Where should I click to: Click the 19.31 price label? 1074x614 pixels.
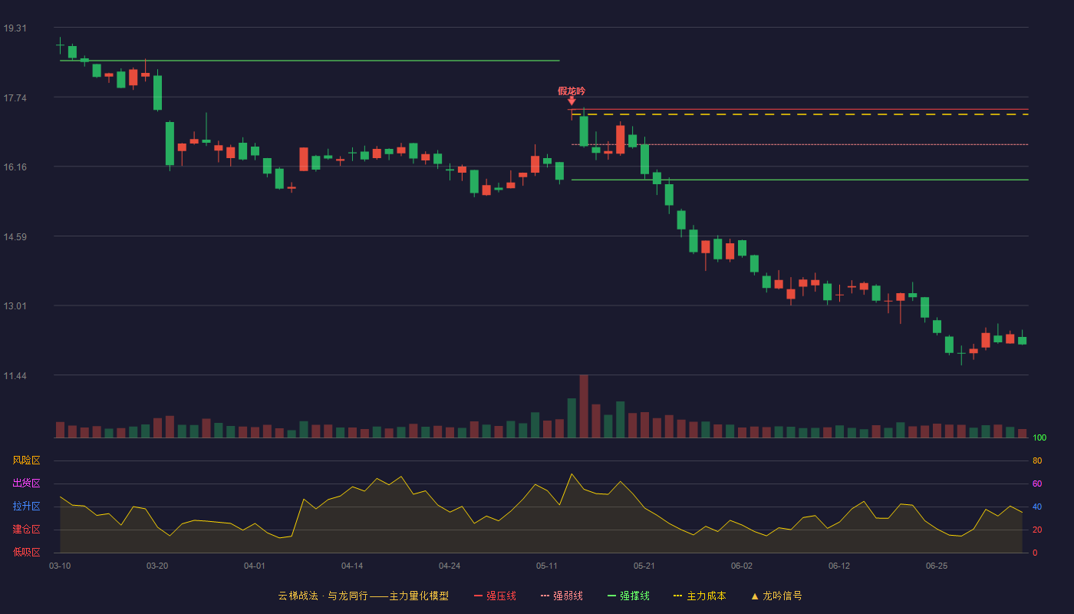click(x=15, y=28)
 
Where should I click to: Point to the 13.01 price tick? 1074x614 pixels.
click(x=15, y=306)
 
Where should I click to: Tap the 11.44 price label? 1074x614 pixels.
click(x=15, y=376)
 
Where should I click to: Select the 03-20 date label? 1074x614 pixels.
click(x=157, y=566)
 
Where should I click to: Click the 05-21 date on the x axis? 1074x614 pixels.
click(x=644, y=566)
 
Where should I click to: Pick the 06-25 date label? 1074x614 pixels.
click(x=937, y=566)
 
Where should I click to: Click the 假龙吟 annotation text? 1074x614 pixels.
click(x=572, y=91)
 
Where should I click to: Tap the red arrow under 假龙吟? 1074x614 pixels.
click(x=572, y=101)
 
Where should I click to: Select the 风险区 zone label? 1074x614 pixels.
click(x=26, y=460)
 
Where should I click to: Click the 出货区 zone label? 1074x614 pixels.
click(x=26, y=483)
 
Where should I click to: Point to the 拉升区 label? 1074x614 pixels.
click(x=26, y=506)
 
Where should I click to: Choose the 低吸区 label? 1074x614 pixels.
click(x=26, y=552)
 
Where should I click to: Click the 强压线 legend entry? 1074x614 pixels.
click(x=495, y=596)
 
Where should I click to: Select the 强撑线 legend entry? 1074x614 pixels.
click(x=628, y=596)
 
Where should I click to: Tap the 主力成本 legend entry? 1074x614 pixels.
click(x=700, y=596)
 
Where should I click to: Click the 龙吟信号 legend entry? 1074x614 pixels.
click(x=776, y=596)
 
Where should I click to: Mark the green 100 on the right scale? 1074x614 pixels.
click(x=1039, y=437)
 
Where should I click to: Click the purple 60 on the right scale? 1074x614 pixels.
click(x=1037, y=484)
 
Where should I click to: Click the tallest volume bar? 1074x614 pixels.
click(x=584, y=406)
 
